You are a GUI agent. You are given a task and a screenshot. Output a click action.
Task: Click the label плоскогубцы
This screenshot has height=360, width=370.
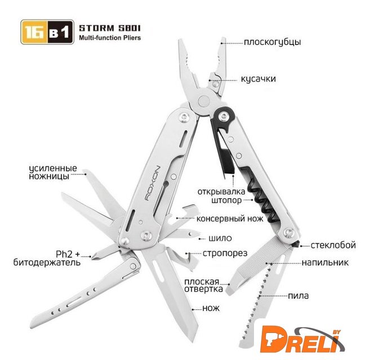coord(273,42)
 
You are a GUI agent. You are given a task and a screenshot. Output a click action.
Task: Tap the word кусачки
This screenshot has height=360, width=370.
coord(258,79)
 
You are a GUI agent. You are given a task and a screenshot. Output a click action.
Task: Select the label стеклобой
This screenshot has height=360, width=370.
coord(333,245)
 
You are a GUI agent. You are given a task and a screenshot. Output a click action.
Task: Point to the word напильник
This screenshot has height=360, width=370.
coord(325,262)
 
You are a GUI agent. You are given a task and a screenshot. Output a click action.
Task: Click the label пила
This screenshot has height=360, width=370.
coord(298,296)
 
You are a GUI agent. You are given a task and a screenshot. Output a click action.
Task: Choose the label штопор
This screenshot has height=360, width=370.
coord(226,201)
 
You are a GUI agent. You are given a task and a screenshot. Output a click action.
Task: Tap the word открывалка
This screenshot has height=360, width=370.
coord(221,192)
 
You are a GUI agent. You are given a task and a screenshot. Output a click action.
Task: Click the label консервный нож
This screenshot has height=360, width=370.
coord(230,219)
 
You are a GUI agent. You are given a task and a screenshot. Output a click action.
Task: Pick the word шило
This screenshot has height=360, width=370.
coord(220,238)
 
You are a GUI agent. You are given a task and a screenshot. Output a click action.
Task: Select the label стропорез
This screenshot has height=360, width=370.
coord(225,254)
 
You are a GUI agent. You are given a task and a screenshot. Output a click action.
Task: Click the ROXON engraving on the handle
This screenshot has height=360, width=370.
coord(153,183)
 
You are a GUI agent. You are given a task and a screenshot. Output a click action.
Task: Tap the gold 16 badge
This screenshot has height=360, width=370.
coord(35,32)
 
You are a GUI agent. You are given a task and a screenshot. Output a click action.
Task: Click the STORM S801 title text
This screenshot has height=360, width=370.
coord(109,28)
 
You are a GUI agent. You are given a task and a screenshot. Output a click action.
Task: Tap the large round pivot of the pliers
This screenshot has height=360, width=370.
coord(204,101)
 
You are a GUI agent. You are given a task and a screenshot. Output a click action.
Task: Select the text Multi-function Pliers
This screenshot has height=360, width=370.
coord(110,38)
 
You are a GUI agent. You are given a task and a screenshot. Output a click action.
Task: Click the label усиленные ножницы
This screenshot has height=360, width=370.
coord(53,172)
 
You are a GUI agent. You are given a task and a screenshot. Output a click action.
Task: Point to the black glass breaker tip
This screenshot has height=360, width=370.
coord(296,244)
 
